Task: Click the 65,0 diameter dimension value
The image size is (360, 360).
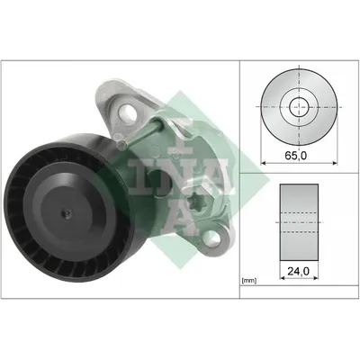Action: (x=295, y=156)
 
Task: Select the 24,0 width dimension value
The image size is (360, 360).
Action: (x=298, y=271)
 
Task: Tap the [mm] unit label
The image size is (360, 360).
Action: (x=248, y=281)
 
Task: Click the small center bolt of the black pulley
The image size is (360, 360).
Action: (x=66, y=214)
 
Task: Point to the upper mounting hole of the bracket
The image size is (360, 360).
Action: (x=128, y=112)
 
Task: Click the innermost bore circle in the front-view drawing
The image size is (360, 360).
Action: (x=299, y=107)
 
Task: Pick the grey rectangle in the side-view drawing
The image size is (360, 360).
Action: (x=299, y=222)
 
